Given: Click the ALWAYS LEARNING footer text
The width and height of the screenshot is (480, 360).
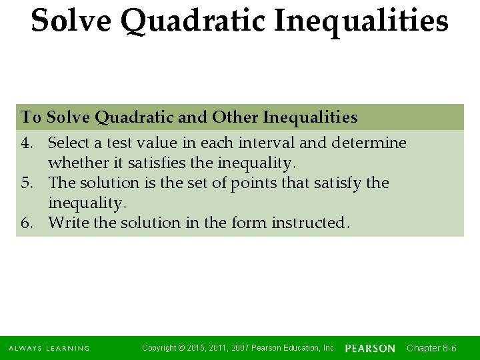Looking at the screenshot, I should pos(49,348).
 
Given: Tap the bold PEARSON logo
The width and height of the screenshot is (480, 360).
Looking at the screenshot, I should pos(370,349).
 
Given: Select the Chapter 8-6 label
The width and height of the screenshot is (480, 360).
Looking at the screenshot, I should pos(431,348).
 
